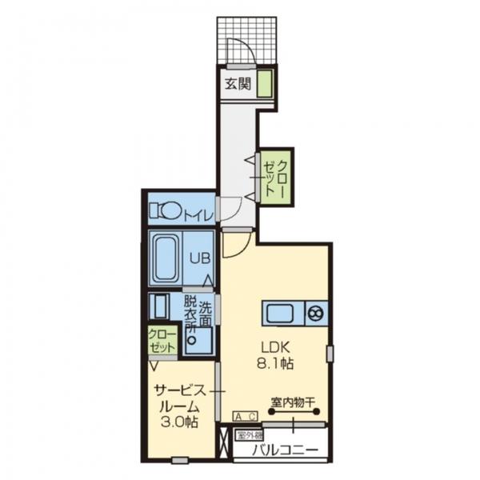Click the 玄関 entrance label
tap(238, 83)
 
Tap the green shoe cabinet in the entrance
tap(265, 83)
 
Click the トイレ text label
tap(198, 215)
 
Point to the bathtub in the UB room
tap(166, 258)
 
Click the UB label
tap(199, 258)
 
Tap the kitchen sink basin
tap(280, 313)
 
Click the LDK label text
tap(275, 347)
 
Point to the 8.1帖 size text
tap(275, 364)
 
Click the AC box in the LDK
tap(246, 416)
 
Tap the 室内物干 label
tap(293, 402)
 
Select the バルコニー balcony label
tap(285, 450)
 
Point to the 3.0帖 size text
tap(179, 422)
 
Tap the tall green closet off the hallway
tap(275, 177)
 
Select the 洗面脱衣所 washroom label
tap(198, 314)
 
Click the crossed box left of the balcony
tap(223, 443)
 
